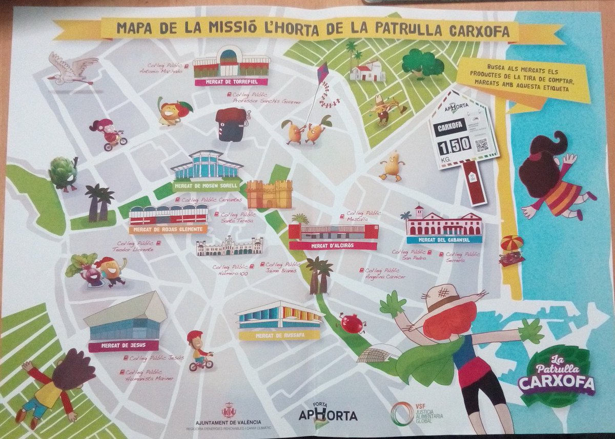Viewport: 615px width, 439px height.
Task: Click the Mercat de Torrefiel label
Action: point(232,81)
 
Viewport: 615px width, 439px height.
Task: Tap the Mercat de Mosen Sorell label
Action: point(205,185)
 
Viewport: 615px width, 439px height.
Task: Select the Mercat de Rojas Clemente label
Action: point(168,229)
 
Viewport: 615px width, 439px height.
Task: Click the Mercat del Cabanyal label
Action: point(444,239)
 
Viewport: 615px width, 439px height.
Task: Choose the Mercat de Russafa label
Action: point(279,335)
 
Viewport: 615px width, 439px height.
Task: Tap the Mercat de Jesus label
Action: point(124,346)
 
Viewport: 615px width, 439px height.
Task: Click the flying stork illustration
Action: point(72,70)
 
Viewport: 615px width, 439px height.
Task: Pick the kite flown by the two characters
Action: point(322,75)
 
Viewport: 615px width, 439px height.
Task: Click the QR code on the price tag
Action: point(482,144)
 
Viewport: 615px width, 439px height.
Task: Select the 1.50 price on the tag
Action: point(454,145)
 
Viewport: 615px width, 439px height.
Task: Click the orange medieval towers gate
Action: point(269,194)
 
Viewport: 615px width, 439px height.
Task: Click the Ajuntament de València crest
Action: point(229,410)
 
